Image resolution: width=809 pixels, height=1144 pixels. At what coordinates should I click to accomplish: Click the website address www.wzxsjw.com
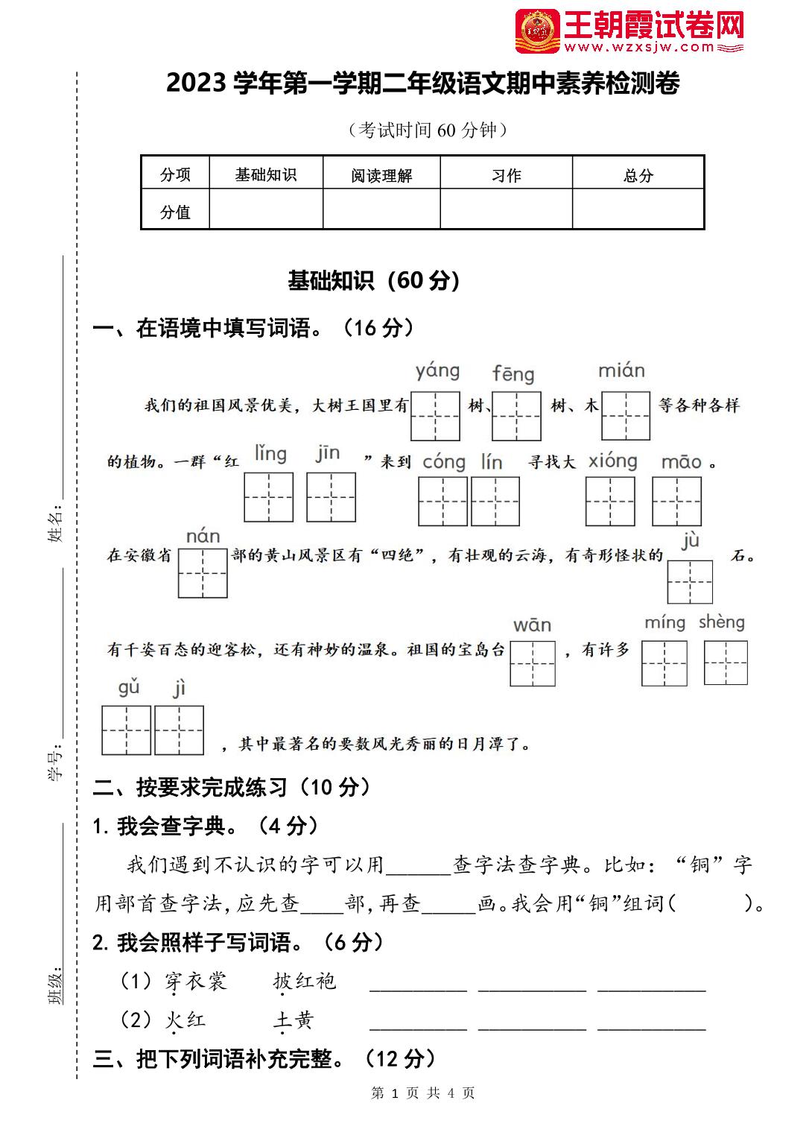tap(639, 48)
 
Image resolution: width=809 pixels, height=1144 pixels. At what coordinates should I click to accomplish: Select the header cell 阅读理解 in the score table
tap(381, 175)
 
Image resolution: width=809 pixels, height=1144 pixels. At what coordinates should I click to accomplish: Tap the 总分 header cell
tap(638, 175)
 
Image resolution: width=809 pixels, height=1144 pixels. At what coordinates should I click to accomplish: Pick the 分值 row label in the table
tap(175, 212)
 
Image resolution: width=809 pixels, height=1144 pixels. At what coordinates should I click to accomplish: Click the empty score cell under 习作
tap(506, 209)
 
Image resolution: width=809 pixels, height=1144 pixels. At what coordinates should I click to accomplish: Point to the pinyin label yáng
tap(437, 370)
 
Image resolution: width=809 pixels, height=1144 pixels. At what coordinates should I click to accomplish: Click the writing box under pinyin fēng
tap(516, 415)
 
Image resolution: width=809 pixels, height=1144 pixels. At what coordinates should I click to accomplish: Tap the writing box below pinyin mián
tap(626, 415)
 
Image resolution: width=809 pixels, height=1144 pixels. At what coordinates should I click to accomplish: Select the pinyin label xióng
tap(612, 461)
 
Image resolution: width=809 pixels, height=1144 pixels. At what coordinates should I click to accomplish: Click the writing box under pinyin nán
tap(203, 573)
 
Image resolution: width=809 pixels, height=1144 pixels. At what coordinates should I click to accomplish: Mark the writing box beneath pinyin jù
tap(690, 581)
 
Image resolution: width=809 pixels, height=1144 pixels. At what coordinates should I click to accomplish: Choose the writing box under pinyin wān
tap(533, 663)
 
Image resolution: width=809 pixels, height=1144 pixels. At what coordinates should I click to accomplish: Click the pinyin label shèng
tap(721, 622)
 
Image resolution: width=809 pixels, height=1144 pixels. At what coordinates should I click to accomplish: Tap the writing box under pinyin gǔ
tap(127, 730)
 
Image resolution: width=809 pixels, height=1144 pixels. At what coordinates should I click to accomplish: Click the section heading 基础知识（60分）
tap(374, 280)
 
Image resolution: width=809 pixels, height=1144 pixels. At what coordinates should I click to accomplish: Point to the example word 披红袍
tap(305, 981)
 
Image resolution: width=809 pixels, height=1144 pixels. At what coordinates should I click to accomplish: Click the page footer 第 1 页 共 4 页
tap(422, 1093)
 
